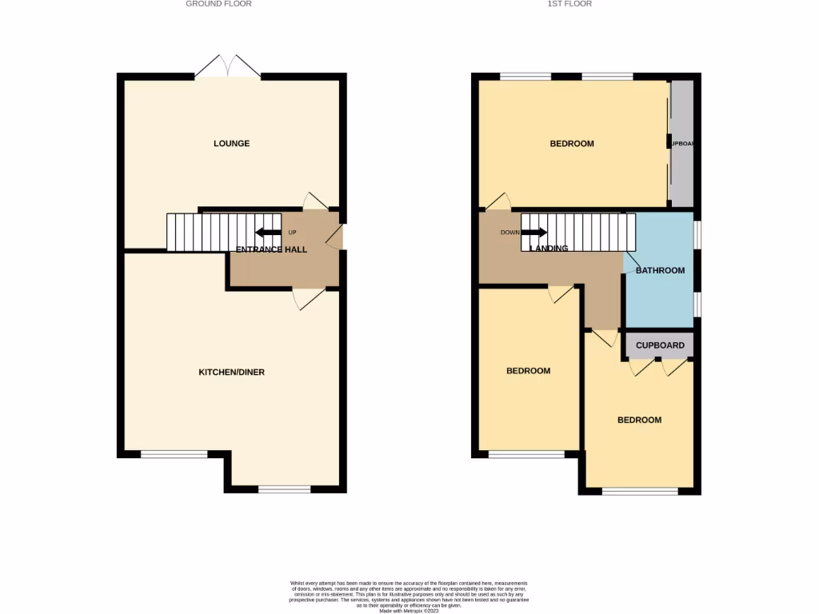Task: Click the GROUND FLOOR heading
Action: coord(218,4)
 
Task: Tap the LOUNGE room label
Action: coord(231,144)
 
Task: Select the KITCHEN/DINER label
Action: coord(231,372)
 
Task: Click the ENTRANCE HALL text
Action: coord(271,249)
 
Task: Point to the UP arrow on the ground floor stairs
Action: coord(269,233)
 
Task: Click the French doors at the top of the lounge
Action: coord(228,67)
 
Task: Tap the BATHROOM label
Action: coord(660,270)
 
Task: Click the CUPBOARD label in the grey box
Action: coord(660,345)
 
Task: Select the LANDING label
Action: coord(549,249)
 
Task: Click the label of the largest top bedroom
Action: coord(572,144)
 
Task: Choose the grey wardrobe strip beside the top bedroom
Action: coord(681,144)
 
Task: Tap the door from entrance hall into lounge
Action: coord(314,201)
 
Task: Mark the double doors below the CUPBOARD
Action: coord(659,367)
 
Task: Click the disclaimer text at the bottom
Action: coord(409,596)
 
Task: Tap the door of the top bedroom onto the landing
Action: coord(498,202)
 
